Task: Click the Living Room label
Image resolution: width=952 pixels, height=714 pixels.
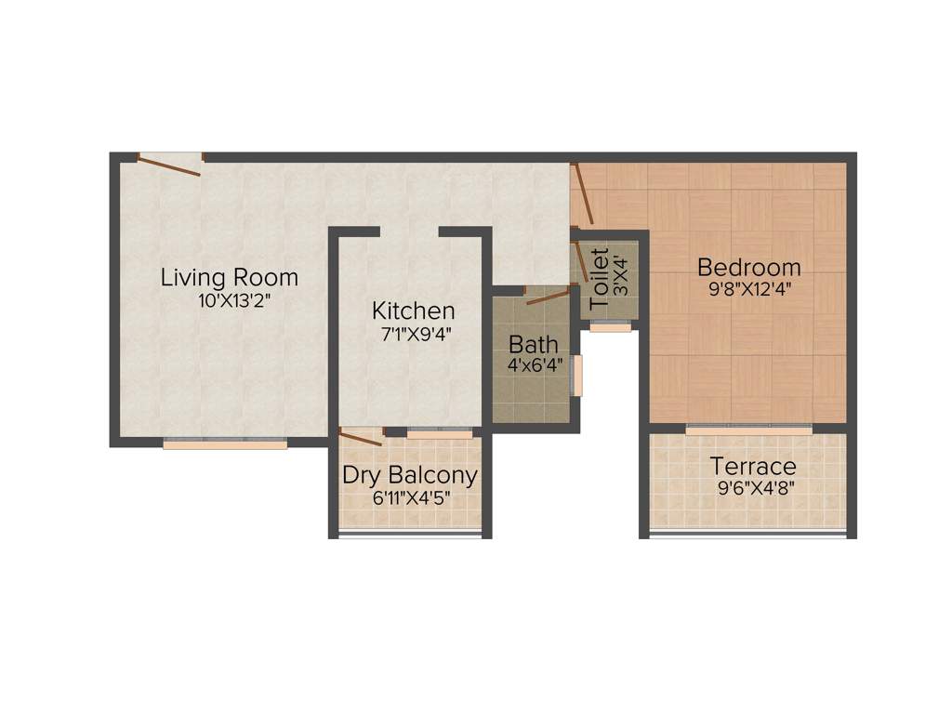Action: tap(230, 277)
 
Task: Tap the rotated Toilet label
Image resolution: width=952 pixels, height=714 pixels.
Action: tap(600, 271)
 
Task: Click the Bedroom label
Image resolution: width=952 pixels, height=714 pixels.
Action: tap(749, 268)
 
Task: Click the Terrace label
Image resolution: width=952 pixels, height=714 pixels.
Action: tap(753, 466)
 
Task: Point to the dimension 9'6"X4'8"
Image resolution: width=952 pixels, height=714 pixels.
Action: tap(753, 486)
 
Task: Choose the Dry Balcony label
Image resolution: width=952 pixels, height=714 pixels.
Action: tap(410, 475)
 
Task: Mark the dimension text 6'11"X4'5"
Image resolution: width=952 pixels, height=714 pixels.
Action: tap(410, 496)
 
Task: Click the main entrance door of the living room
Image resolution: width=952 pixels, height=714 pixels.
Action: tap(169, 164)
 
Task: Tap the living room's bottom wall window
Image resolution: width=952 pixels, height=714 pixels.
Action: tap(225, 444)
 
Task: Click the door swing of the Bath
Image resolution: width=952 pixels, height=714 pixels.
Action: tap(548, 297)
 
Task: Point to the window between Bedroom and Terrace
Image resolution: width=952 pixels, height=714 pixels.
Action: tap(748, 430)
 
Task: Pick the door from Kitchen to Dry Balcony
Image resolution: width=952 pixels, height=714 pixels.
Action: tap(361, 436)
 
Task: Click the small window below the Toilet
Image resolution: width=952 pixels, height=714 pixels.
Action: tap(610, 326)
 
